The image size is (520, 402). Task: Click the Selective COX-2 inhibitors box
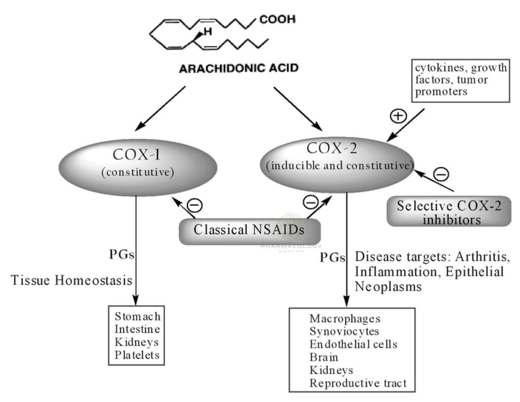tap(447, 214)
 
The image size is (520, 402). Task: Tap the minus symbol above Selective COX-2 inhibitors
tap(441, 175)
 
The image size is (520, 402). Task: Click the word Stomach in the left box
tap(137, 317)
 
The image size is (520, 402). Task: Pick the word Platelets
tap(137, 355)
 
